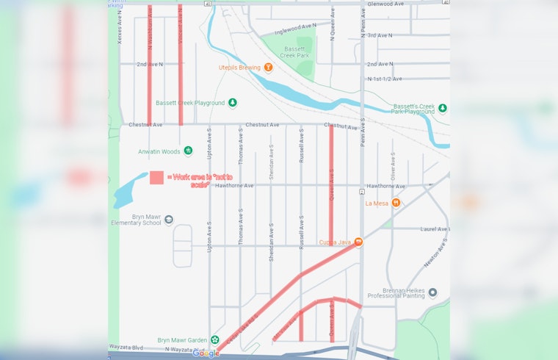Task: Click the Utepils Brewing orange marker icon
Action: pyautogui.click(x=268, y=68)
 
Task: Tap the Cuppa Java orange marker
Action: pyautogui.click(x=358, y=242)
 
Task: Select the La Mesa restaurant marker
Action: pyautogui.click(x=396, y=203)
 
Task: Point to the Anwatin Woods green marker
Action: pyautogui.click(x=188, y=151)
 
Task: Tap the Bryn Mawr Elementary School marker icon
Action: pyautogui.click(x=169, y=219)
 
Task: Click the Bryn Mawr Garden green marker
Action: pyautogui.click(x=215, y=340)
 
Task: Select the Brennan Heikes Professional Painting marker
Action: pyautogui.click(x=432, y=292)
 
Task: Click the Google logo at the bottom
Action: pyautogui.click(x=206, y=353)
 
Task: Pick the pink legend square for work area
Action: pyautogui.click(x=156, y=177)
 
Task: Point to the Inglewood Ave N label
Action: pyautogui.click(x=294, y=29)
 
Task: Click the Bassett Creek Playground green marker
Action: pyautogui.click(x=233, y=103)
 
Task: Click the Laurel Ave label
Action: pyautogui.click(x=434, y=229)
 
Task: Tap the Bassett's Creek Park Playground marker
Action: pyautogui.click(x=443, y=108)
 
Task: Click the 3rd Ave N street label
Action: pyautogui.click(x=380, y=35)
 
